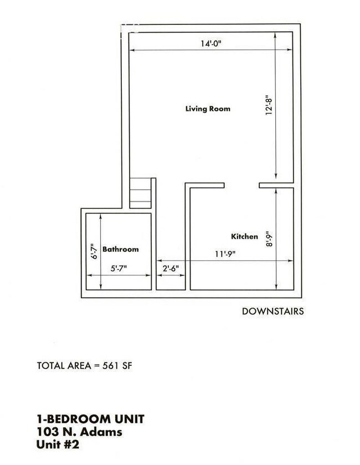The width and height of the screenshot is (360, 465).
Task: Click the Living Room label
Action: click(x=207, y=109)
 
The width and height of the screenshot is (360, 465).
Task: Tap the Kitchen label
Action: click(x=244, y=237)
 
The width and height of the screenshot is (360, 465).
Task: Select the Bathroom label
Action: click(x=120, y=249)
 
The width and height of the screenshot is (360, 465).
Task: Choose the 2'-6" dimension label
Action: click(x=170, y=268)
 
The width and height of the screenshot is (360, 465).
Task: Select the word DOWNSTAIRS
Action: click(x=272, y=311)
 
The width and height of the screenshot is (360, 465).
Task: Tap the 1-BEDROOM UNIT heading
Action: click(x=90, y=419)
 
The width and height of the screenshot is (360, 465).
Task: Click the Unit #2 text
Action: click(x=58, y=444)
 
